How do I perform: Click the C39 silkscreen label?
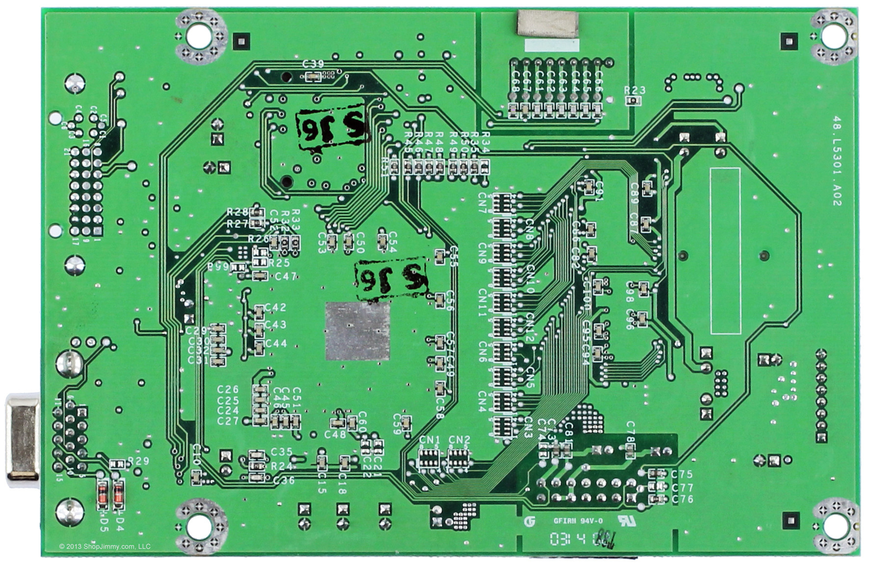tap(313, 64)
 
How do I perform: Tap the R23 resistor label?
tap(635, 90)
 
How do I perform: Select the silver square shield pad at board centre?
tap(357, 331)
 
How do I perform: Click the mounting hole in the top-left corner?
tap(199, 35)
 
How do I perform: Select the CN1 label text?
tap(430, 440)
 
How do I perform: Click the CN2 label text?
tap(460, 440)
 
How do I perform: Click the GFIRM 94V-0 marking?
tap(578, 521)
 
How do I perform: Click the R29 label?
tap(138, 461)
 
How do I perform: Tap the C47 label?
tap(285, 277)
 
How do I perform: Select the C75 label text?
tap(682, 474)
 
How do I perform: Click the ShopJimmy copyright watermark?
tap(105, 546)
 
